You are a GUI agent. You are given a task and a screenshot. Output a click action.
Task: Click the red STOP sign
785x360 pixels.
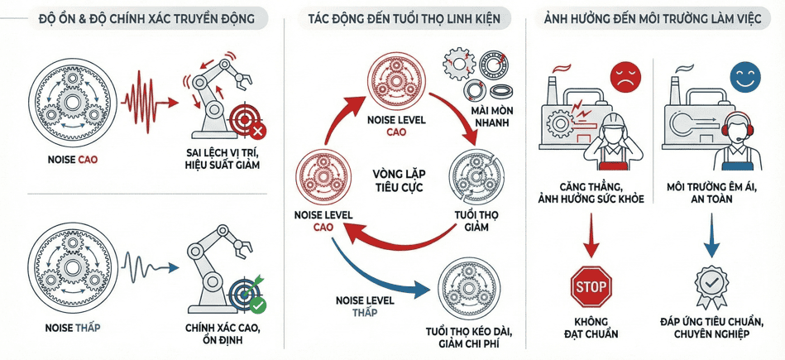click(591, 287)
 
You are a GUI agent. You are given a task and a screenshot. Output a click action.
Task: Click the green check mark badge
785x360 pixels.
click(258, 305)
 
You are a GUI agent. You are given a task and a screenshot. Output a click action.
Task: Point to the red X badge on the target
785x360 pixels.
click(258, 130)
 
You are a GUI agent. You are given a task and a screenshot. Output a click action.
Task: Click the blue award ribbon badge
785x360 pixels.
click(710, 284)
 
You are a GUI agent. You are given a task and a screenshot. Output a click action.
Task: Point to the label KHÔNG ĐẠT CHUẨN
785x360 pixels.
click(591, 327)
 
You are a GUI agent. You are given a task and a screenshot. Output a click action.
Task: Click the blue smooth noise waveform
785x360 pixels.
click(147, 266)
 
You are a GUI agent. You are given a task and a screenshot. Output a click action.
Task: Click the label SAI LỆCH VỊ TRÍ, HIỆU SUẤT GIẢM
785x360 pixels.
click(223, 159)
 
